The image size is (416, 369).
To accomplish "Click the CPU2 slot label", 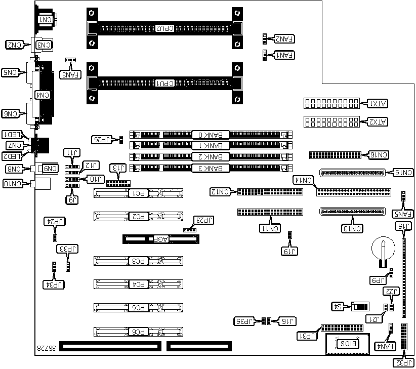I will (164, 28).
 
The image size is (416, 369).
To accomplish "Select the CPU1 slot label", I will (164, 83).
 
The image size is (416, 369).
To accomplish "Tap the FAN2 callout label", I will (285, 38).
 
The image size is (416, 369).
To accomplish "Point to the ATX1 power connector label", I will (377, 104).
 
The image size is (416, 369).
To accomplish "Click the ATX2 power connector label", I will (377, 122).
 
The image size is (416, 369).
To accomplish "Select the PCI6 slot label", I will (139, 332).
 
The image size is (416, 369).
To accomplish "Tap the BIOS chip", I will (348, 344).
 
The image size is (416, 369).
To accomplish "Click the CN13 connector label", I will (352, 228).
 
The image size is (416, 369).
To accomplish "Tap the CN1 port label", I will (46, 19).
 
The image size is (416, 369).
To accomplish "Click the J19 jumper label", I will (289, 251).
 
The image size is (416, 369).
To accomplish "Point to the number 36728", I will (46, 348).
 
